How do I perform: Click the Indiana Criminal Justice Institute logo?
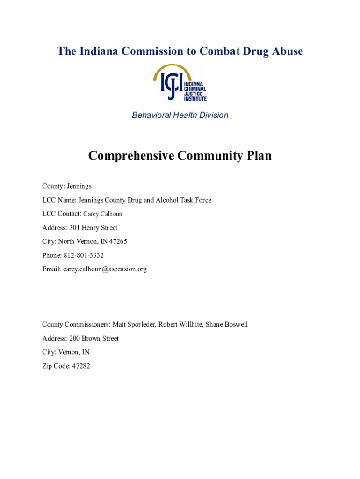point(180,83)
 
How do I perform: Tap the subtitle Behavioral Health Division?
point(180,115)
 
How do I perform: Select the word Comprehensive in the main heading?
point(130,156)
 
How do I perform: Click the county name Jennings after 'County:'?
point(79,186)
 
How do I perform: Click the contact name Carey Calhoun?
point(102,214)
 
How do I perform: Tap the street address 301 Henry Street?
point(93,228)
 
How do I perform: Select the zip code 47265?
point(118,242)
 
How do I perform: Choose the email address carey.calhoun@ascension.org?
point(105,269)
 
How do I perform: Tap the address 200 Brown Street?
point(94,339)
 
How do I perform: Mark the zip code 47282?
point(80,366)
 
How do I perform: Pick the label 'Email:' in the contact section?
point(51,269)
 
